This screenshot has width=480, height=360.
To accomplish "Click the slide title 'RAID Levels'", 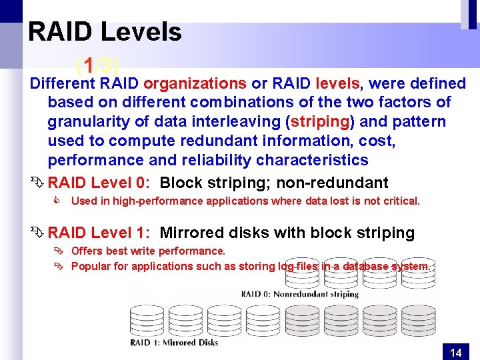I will click(x=105, y=32).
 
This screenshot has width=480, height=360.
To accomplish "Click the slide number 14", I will click(x=456, y=353).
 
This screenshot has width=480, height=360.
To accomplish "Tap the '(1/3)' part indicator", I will click(x=97, y=65).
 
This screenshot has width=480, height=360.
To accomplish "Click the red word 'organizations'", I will click(x=195, y=83).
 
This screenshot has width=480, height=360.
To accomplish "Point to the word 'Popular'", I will click(x=90, y=267).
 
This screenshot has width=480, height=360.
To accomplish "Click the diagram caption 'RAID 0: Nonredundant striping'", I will click(x=299, y=294).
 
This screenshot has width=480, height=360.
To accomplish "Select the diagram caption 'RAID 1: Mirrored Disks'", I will click(x=174, y=343).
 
